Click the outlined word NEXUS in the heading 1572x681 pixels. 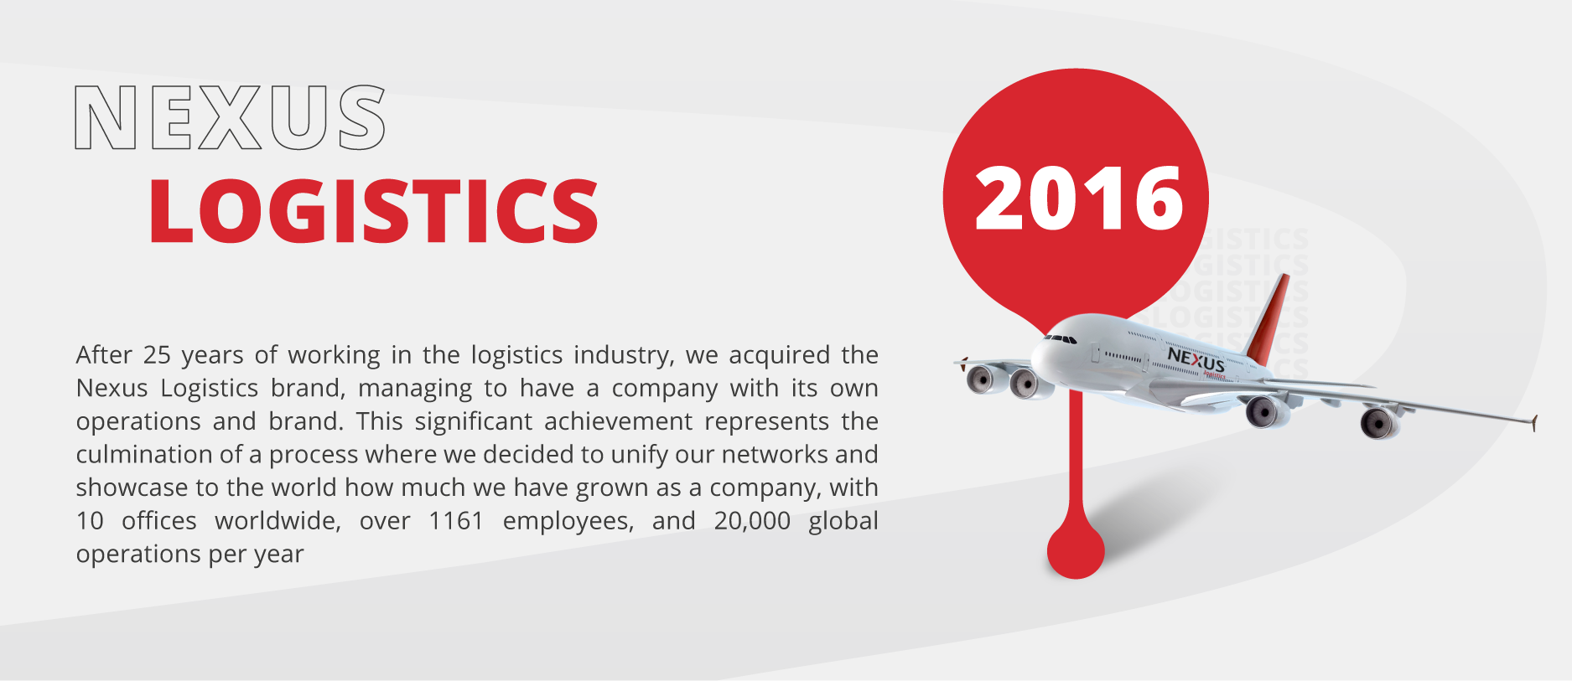(x=231, y=117)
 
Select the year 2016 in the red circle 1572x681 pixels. (x=1079, y=198)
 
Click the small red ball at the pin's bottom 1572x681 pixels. (x=1076, y=549)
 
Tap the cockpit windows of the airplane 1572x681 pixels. (x=1061, y=338)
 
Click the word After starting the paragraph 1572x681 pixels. (x=104, y=355)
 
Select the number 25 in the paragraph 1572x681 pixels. (x=157, y=355)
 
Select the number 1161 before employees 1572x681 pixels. (x=456, y=521)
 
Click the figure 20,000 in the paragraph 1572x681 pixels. (x=752, y=521)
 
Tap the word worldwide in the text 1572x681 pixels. (x=278, y=521)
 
